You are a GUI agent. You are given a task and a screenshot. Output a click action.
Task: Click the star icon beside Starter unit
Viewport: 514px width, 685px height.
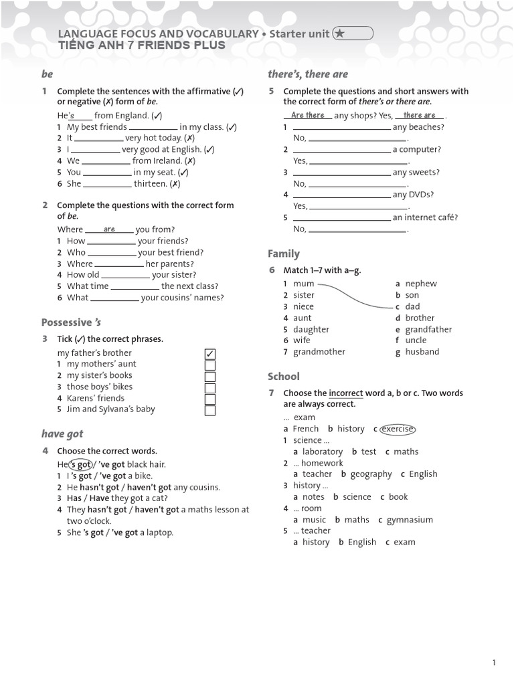(340, 34)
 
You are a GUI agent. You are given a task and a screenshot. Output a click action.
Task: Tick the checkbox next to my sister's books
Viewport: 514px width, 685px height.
(209, 376)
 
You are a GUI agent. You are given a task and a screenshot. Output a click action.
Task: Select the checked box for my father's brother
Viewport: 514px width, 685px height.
(209, 353)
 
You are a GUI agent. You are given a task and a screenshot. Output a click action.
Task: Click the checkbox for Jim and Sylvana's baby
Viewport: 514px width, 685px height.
(209, 410)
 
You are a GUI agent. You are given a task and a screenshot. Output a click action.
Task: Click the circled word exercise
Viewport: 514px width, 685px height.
(398, 429)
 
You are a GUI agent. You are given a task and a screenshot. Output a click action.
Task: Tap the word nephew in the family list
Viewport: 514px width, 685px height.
(420, 284)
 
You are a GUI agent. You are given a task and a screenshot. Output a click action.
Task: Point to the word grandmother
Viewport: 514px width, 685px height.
(319, 352)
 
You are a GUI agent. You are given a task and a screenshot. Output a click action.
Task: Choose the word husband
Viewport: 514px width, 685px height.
(422, 352)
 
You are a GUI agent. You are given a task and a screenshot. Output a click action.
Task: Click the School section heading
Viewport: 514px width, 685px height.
(284, 377)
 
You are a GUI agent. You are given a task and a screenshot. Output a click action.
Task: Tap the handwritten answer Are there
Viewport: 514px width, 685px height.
(307, 115)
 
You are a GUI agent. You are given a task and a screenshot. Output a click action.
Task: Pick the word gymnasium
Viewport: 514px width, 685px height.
(410, 520)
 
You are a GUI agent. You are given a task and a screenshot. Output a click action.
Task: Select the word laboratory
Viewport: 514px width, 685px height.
(322, 452)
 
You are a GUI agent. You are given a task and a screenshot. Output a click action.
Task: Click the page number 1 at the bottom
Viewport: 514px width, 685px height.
(494, 663)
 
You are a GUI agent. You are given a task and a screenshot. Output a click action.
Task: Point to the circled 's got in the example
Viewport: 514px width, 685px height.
(81, 464)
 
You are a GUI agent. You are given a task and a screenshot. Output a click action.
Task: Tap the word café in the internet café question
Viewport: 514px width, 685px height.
(446, 217)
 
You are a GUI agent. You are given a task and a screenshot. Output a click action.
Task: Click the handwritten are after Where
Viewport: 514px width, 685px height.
(109, 229)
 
